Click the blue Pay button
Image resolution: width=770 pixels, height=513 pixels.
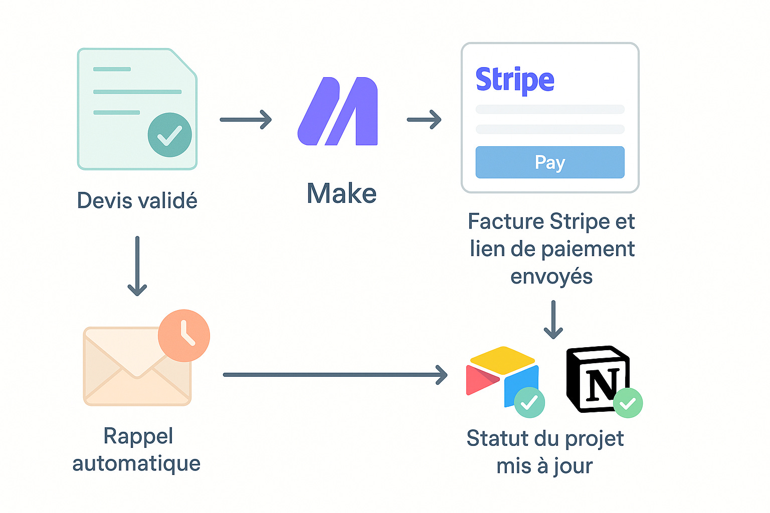(x=550, y=162)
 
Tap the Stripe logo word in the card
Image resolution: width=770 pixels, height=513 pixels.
(x=515, y=80)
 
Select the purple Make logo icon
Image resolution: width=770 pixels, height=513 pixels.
(x=338, y=111)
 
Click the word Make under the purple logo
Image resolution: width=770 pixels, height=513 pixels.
(x=341, y=193)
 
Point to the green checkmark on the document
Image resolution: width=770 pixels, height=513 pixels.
(x=169, y=135)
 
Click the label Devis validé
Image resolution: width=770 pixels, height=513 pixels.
(x=137, y=200)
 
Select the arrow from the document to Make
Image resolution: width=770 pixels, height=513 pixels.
(x=246, y=120)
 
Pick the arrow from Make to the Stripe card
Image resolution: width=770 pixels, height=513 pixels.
(x=424, y=120)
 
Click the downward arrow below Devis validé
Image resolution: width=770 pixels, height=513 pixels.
(x=137, y=266)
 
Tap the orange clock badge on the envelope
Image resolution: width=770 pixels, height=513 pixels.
(x=184, y=335)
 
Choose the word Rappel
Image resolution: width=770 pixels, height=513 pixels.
(x=138, y=436)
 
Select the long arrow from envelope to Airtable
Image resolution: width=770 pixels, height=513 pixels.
(x=335, y=375)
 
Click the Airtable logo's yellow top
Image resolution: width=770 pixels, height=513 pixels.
(x=502, y=357)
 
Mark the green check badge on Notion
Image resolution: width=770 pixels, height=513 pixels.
(x=628, y=403)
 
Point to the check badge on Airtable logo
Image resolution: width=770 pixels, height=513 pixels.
(x=529, y=402)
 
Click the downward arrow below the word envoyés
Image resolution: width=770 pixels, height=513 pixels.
(x=553, y=320)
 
